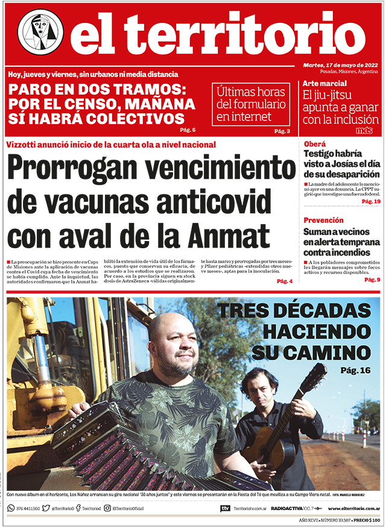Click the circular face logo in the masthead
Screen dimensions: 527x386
(40, 33)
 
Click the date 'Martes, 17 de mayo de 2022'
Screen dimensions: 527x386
(341, 65)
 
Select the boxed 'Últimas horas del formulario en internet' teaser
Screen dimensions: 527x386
(250, 103)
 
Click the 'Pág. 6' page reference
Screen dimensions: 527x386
(188, 130)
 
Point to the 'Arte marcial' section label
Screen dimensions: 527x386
(324, 83)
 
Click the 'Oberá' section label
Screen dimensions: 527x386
(314, 145)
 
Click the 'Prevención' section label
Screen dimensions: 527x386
(323, 220)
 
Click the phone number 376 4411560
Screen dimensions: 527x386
(28, 509)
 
